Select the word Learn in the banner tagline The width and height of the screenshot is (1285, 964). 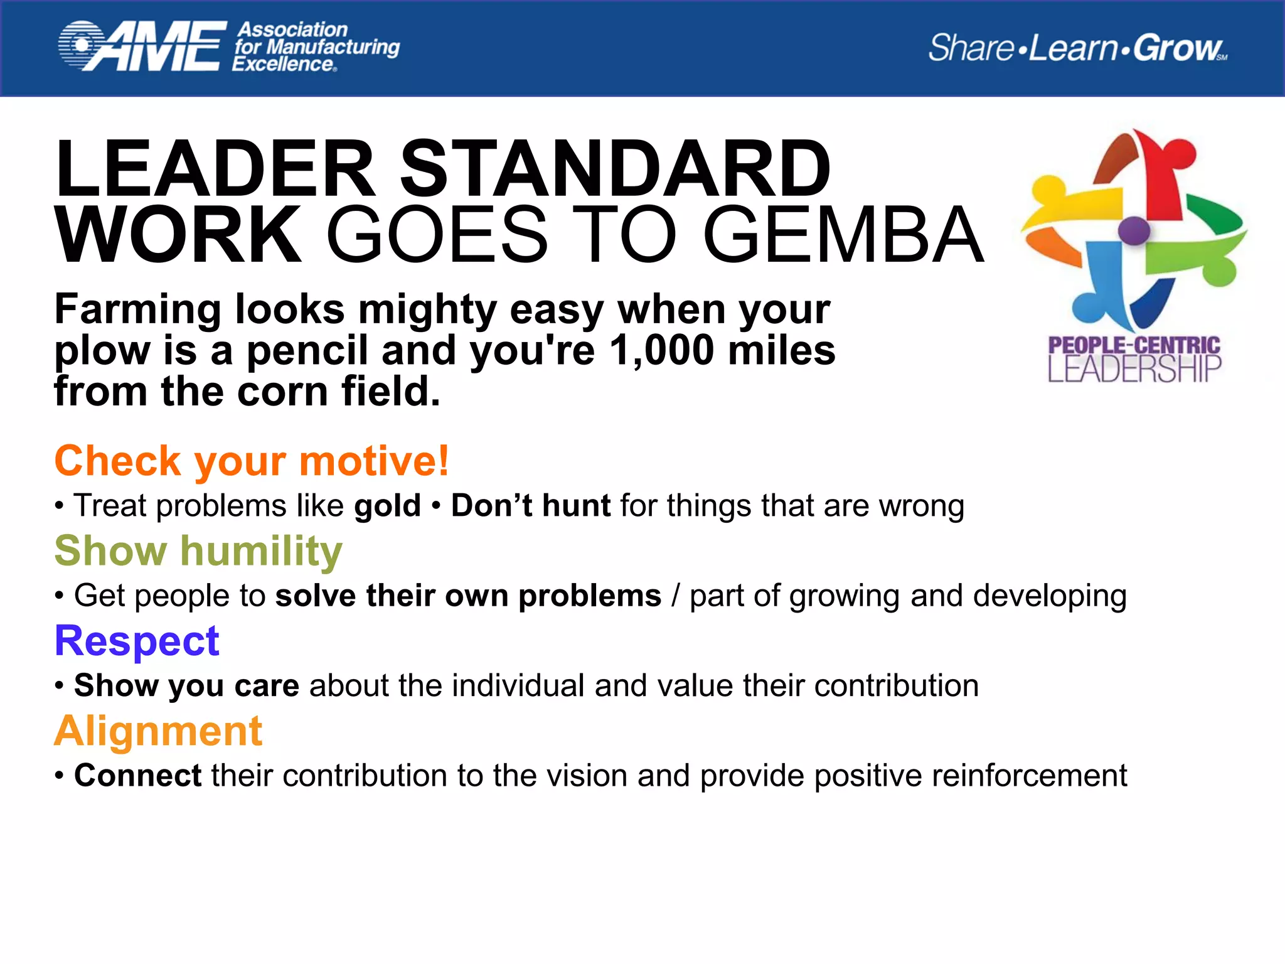1074,48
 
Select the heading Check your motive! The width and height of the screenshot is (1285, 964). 252,460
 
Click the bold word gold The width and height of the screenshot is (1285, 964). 387,505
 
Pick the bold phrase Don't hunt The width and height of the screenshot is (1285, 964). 530,505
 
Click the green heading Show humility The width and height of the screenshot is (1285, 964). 198,550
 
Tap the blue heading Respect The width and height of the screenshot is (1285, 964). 137,641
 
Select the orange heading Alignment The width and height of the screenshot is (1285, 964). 158,731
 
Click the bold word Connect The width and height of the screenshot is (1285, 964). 137,775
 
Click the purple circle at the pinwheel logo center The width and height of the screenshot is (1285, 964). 1134,230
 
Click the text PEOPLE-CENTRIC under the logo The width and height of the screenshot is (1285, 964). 1134,345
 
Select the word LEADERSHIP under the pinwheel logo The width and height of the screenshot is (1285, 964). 1134,369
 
